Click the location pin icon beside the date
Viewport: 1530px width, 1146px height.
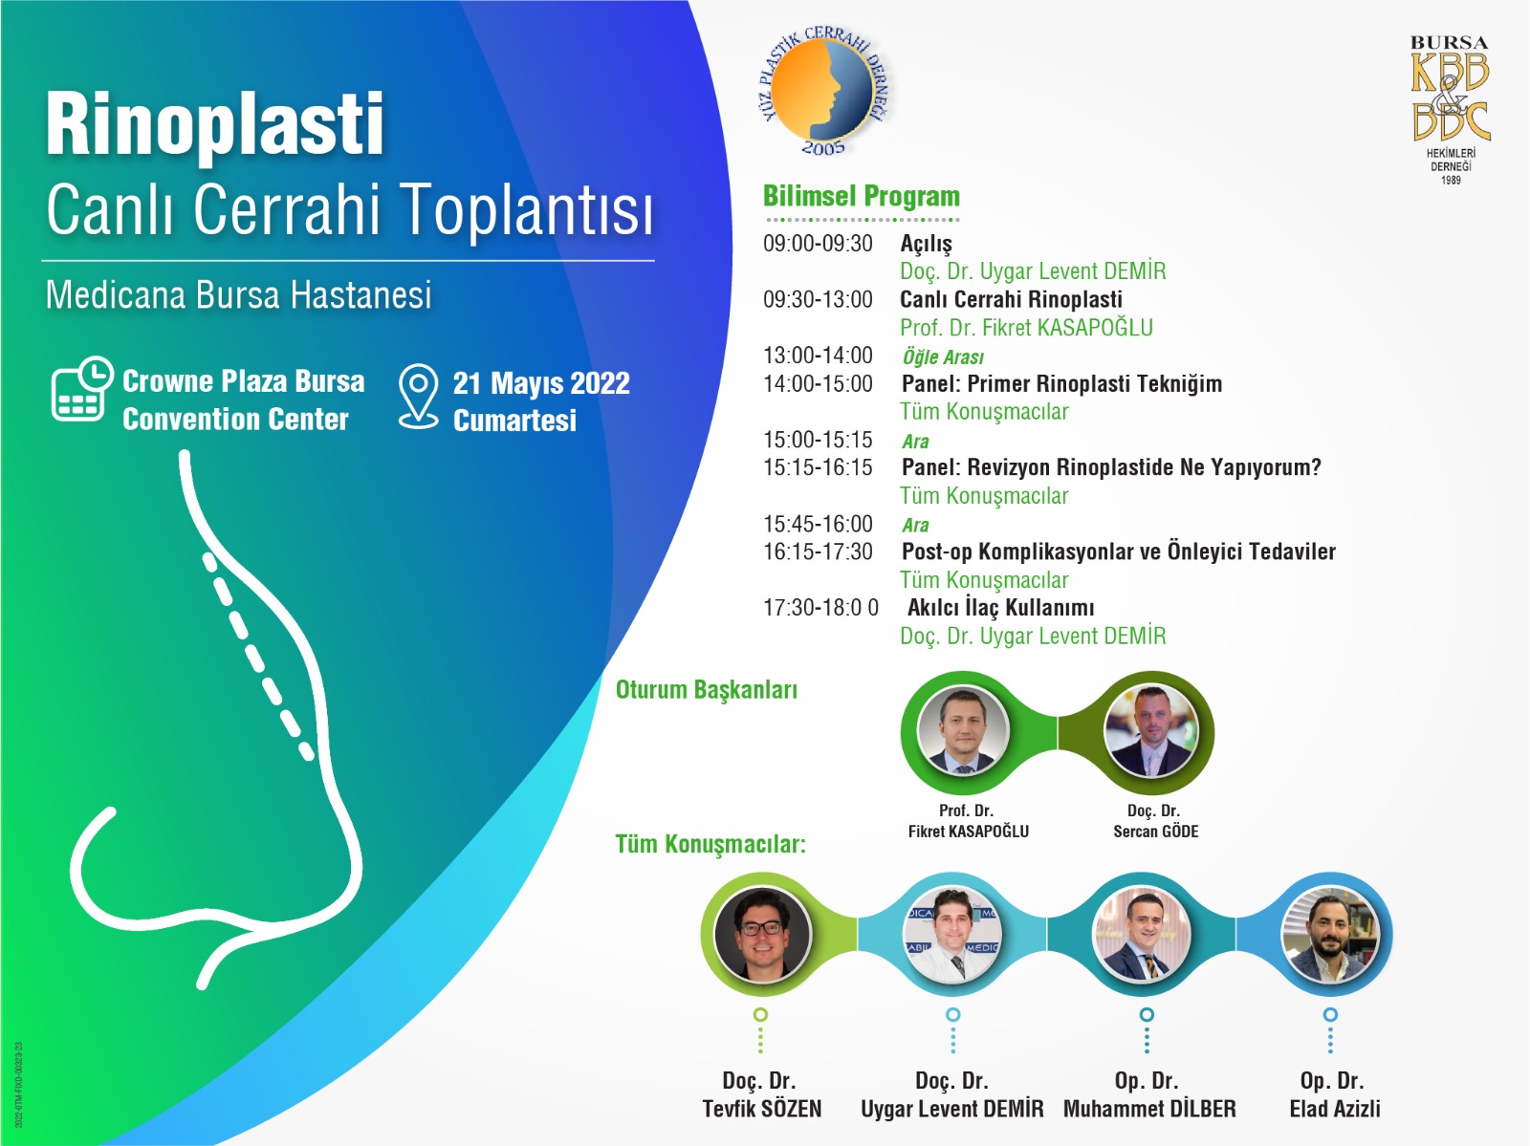click(x=418, y=396)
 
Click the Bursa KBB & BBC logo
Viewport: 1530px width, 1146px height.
click(x=1450, y=109)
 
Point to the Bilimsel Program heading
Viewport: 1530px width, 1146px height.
click(x=861, y=197)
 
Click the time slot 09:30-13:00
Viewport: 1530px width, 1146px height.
click(x=818, y=299)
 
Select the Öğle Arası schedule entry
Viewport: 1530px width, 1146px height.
click(x=943, y=357)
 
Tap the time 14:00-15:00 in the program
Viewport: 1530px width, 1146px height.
click(x=818, y=384)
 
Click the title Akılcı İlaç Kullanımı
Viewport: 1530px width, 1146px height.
click(x=1000, y=608)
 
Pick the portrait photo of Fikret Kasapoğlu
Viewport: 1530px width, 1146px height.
click(x=963, y=731)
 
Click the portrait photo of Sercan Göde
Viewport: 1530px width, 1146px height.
click(x=1151, y=731)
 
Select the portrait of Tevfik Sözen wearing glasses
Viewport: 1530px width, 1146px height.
click(x=762, y=934)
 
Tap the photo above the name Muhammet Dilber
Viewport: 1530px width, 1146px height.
click(x=1143, y=934)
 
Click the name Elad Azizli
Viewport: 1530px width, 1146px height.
click(x=1334, y=1109)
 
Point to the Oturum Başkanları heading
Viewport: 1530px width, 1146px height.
click(x=706, y=690)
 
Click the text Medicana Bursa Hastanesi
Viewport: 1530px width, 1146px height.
click(x=238, y=294)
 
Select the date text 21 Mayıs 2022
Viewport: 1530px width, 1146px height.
click(x=541, y=384)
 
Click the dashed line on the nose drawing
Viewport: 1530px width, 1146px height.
click(x=258, y=656)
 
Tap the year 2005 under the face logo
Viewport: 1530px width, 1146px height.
click(x=823, y=148)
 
